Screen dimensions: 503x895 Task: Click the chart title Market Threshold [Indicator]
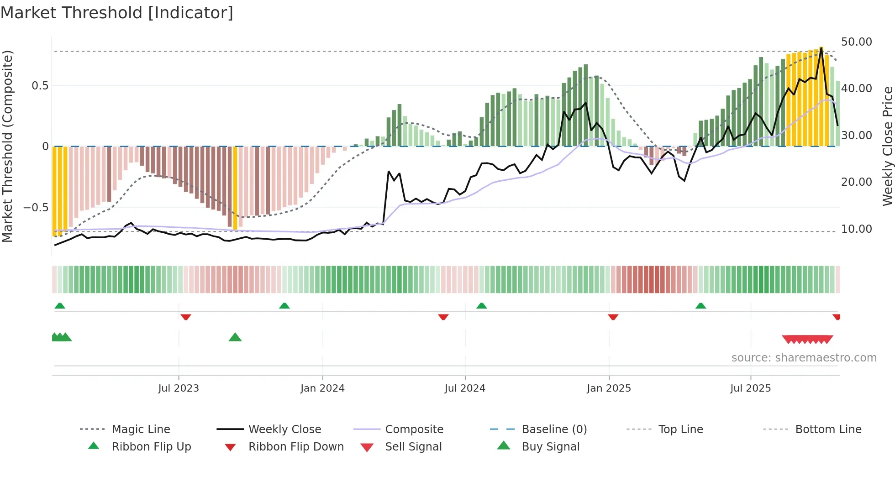pos(117,13)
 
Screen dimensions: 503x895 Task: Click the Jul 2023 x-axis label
pos(179,388)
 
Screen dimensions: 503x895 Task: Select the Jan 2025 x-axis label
pos(609,388)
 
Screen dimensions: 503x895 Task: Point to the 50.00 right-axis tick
pos(856,42)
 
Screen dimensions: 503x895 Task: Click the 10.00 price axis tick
pos(856,229)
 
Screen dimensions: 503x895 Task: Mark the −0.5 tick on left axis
pos(36,208)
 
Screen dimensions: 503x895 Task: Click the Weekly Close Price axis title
pos(887,146)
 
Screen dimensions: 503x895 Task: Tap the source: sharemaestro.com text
pos(804,358)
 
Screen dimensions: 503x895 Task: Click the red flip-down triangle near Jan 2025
pos(613,317)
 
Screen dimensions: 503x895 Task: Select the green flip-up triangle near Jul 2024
pos(481,305)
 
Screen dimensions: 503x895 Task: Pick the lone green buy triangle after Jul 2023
pos(235,337)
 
